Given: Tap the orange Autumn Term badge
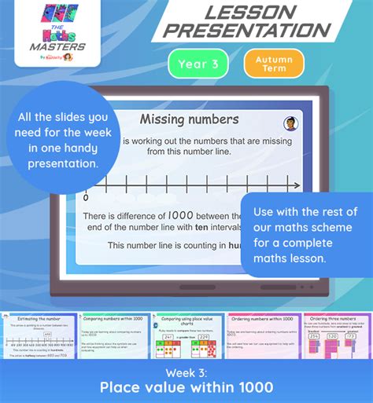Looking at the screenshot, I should pyautogui.click(x=273, y=64).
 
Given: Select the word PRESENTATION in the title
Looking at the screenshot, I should pyautogui.click(x=250, y=31).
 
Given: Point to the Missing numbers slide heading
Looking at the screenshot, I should pyautogui.click(x=189, y=120).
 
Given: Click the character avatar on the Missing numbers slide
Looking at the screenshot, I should pyautogui.click(x=290, y=123).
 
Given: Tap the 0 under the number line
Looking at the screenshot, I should pyautogui.click(x=86, y=198).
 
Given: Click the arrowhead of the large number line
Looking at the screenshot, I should pyautogui.click(x=296, y=186).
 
